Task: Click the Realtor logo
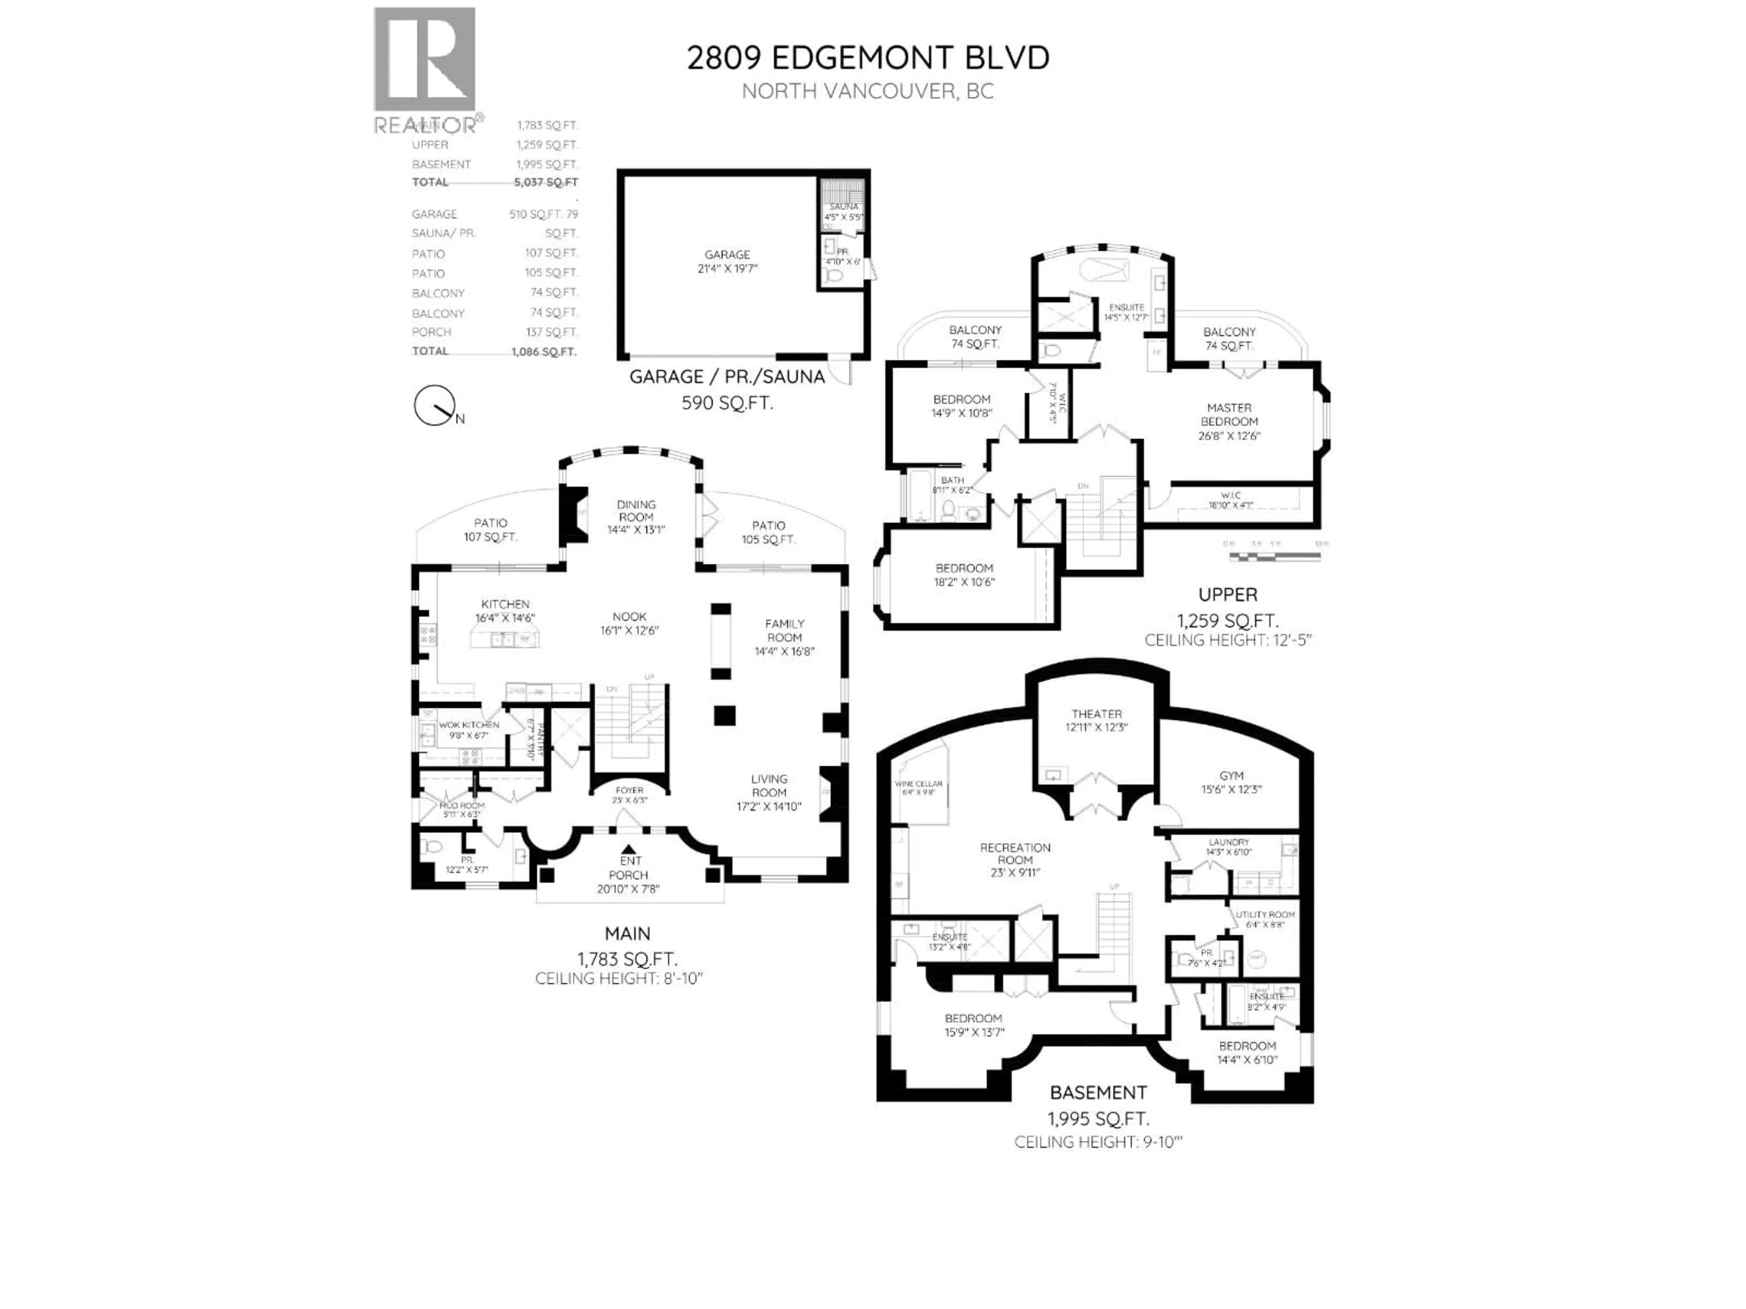(x=425, y=70)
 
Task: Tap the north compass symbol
(x=434, y=405)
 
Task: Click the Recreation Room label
(x=1015, y=854)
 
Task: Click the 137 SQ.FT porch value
(x=552, y=332)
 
